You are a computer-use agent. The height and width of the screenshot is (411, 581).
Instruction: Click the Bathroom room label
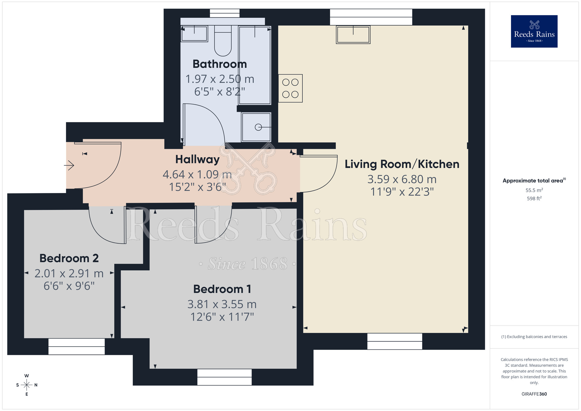coord(220,64)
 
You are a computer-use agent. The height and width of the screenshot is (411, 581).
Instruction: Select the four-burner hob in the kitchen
coord(290,88)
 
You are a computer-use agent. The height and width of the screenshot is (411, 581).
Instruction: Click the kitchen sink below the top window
coord(353,35)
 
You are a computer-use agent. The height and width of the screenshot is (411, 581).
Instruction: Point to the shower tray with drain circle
coord(256,127)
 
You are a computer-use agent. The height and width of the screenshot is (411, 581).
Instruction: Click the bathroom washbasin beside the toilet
coord(194,34)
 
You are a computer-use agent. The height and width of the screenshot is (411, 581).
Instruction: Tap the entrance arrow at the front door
coord(69,165)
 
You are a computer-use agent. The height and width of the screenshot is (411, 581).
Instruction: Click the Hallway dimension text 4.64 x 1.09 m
coord(197,174)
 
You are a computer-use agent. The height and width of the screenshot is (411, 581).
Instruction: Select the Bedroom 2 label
coord(69,258)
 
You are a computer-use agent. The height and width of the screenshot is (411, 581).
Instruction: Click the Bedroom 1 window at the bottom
coord(224,377)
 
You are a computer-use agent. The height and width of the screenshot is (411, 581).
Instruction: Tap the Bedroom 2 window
coord(76,346)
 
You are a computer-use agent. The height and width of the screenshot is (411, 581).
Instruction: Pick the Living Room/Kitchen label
coord(402,164)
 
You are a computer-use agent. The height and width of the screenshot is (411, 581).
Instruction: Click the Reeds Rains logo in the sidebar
coord(534,31)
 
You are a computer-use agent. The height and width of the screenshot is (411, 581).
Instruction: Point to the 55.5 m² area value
coord(534,190)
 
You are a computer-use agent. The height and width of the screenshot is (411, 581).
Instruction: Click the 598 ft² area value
coord(534,199)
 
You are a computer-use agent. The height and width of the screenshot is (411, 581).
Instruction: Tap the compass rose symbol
coord(27,385)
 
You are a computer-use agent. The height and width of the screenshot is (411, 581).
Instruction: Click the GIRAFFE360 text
coord(534,394)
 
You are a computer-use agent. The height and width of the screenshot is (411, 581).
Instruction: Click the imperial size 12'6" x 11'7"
coord(222,317)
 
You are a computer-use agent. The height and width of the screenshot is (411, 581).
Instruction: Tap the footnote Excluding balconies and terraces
coord(534,337)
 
